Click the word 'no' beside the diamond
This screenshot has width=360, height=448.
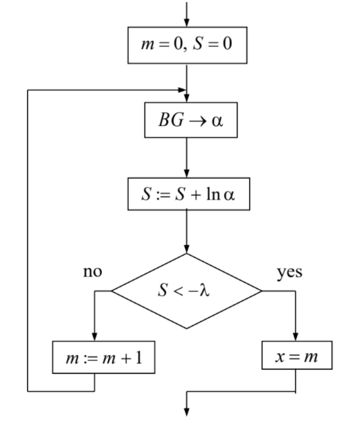[x=93, y=271]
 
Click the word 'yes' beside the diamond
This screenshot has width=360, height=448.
[x=289, y=273]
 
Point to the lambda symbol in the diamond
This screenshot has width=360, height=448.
[x=204, y=290]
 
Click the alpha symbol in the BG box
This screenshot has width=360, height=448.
[x=217, y=121]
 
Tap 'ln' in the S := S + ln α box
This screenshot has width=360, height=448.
[x=213, y=195]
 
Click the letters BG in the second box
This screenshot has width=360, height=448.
[x=171, y=120]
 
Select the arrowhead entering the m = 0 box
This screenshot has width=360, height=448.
[x=186, y=22]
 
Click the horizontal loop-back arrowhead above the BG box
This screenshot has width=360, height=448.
[x=181, y=90]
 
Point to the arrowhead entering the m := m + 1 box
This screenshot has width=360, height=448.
[x=95, y=336]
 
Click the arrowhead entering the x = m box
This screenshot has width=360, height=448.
[x=296, y=336]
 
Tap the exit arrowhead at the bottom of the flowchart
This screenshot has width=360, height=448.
[x=186, y=412]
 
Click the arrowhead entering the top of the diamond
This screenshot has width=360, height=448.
[x=186, y=249]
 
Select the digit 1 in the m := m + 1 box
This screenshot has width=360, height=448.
[x=139, y=357]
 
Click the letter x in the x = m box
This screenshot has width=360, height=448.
[x=280, y=357]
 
